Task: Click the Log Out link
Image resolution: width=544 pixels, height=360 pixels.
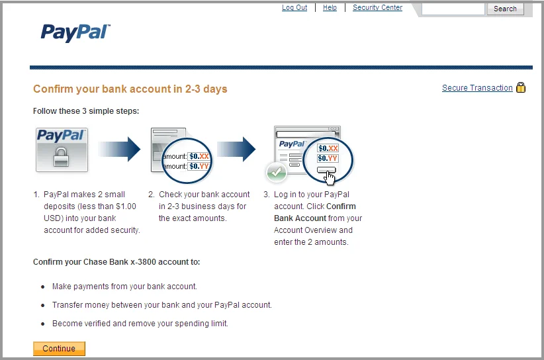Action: point(295,7)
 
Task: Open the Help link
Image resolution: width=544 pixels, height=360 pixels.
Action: point(330,7)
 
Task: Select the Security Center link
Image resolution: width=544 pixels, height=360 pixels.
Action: point(377,7)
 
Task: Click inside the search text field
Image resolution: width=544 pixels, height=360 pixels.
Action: point(453,9)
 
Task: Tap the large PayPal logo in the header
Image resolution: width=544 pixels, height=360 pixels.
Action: point(75,33)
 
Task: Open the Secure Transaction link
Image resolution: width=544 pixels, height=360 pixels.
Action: point(477,88)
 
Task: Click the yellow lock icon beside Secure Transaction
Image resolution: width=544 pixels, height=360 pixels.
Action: point(521,87)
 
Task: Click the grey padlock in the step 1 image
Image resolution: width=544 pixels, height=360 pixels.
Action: point(61,157)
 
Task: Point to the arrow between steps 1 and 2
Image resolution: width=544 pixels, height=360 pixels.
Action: point(119,149)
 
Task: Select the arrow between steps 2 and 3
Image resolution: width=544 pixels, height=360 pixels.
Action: point(236,149)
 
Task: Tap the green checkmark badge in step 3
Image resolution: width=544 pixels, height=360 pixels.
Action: point(276,172)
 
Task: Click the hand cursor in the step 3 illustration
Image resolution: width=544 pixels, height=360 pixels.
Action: point(329,178)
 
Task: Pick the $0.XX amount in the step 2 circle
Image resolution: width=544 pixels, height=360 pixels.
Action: point(199,156)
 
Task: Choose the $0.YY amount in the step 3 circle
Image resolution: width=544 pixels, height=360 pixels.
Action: point(328,159)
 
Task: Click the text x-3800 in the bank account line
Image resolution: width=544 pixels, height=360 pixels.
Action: point(143,262)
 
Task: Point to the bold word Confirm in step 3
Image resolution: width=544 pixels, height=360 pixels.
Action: point(341,206)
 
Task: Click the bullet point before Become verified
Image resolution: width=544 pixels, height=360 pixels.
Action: point(42,324)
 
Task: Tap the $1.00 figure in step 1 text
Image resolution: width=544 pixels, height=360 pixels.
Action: point(126,206)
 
